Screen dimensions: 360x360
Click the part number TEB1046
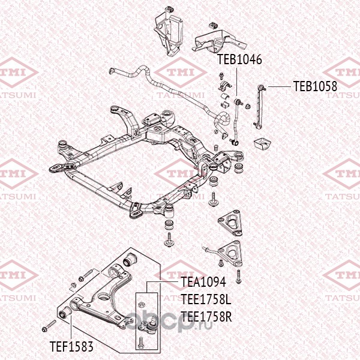pos(239,59)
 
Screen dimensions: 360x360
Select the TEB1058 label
pos(315,86)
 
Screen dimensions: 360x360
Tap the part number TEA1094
pos(203,282)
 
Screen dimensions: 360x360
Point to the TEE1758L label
pos(206,299)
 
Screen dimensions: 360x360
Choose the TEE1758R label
pos(206,317)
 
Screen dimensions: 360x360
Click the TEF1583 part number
pos(71,346)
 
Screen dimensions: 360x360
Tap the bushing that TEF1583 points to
pos(65,312)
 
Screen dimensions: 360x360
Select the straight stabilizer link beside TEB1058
pos(259,106)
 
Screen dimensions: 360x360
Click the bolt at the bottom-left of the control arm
pos(49,326)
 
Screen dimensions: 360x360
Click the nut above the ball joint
pos(142,304)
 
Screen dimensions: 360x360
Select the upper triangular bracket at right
pos(230,223)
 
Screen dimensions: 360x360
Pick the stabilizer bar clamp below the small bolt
pos(224,86)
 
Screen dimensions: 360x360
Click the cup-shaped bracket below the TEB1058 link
pos(263,143)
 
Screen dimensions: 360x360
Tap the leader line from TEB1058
pos(280,86)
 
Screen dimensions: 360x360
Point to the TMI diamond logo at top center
pos(181,73)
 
